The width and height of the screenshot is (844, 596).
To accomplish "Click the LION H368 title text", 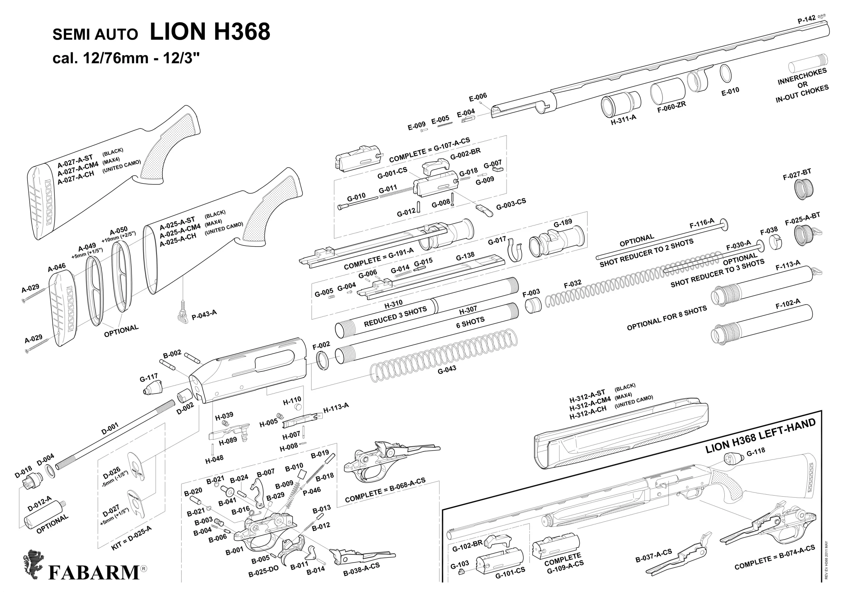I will [x=210, y=32].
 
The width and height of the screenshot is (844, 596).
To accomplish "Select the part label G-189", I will [x=562, y=223].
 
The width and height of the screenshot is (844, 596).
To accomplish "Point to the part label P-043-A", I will [x=204, y=315].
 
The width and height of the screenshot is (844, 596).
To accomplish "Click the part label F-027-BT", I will [x=797, y=175].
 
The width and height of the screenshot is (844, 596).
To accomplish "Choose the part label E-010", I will [x=730, y=92].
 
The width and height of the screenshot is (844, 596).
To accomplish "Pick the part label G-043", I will [x=447, y=370].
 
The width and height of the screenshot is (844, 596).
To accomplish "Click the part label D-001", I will [x=110, y=428].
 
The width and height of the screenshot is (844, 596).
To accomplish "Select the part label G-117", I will [x=148, y=377].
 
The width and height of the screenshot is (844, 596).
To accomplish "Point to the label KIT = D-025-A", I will [x=131, y=538].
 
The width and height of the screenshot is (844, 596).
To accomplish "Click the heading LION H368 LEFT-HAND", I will [x=760, y=436].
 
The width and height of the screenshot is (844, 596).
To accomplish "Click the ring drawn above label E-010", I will [x=725, y=73].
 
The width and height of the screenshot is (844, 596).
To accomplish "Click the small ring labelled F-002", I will [x=322, y=361].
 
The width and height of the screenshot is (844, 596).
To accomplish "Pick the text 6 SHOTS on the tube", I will [x=470, y=322].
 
